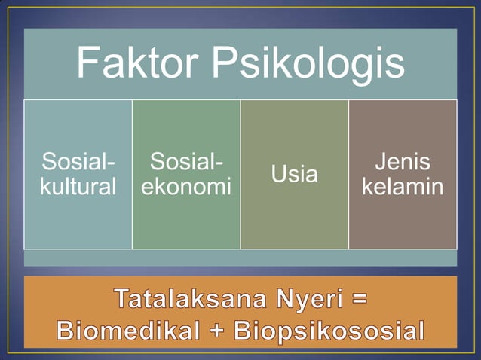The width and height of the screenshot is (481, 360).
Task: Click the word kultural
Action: pos(78,187)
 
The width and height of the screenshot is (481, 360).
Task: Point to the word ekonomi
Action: pos(186,187)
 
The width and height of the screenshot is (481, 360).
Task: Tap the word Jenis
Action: pos(403,163)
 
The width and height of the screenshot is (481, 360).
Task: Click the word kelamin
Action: pos(403,187)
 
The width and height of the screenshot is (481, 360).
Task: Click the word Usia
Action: pos(294,175)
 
